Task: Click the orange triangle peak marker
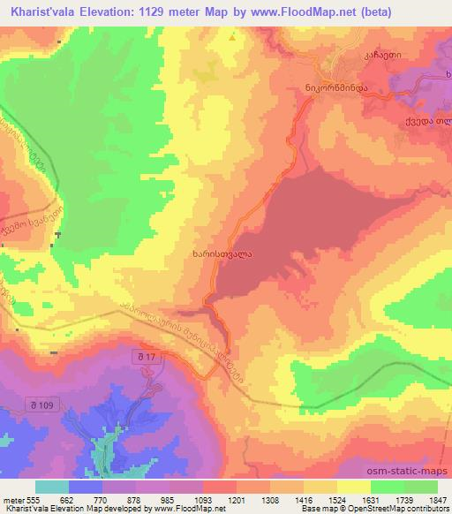pyautogui.click(x=233, y=38)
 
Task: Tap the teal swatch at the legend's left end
pyautogui.click(x=52, y=486)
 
